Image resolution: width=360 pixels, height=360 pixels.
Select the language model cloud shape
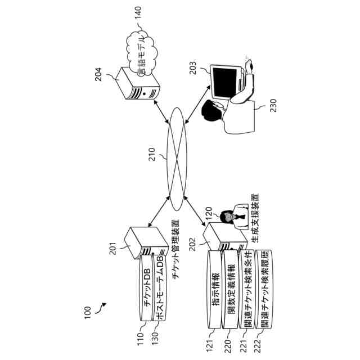pyautogui.click(x=141, y=53)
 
